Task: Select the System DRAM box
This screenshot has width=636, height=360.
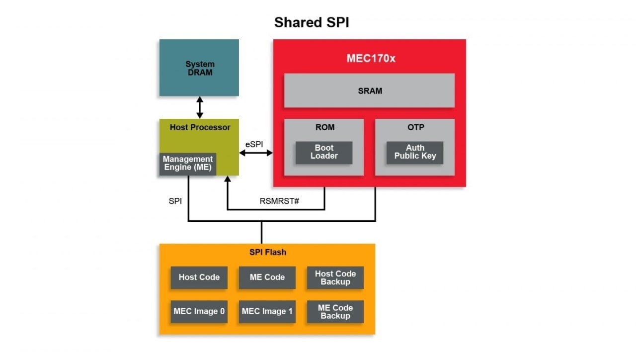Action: [x=199, y=68]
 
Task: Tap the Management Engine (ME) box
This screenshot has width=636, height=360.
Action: [x=188, y=164]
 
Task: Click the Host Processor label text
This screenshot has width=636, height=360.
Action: [x=200, y=127]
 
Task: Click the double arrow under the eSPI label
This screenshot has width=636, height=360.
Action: [x=256, y=153]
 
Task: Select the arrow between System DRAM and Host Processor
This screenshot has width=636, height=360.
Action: [x=200, y=107]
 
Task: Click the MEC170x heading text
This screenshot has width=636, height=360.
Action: [x=371, y=58]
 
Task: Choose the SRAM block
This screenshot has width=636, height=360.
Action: [x=369, y=90]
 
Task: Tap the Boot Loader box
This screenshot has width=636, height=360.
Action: [x=324, y=152]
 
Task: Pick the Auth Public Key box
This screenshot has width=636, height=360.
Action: [x=415, y=152]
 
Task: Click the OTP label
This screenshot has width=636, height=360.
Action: [x=415, y=127]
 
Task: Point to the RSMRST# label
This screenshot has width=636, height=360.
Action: [x=279, y=202]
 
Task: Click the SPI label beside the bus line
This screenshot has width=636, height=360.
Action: [x=175, y=202]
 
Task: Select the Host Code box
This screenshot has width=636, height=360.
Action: [x=199, y=277]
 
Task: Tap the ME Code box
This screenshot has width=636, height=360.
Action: [x=267, y=277]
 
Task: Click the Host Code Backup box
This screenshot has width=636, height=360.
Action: [x=335, y=277]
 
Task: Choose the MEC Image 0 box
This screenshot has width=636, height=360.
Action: [x=199, y=312]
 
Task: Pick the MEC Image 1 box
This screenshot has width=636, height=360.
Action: [x=267, y=312]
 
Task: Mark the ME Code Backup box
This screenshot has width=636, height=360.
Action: [x=335, y=312]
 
